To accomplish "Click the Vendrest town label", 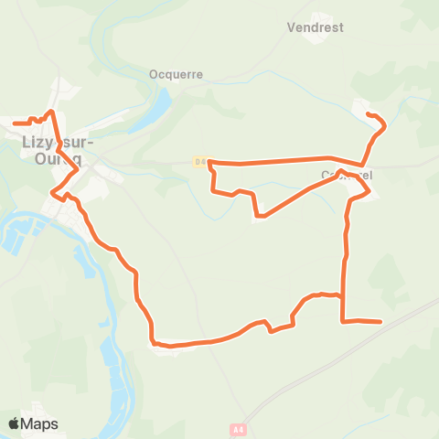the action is click(315, 27).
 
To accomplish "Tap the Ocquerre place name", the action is click(175, 75).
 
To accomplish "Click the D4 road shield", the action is click(200, 161).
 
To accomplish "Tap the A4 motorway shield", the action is click(239, 428).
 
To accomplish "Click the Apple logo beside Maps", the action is click(14, 423).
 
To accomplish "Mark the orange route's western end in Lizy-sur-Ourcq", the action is click(15, 122).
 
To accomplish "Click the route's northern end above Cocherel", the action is click(368, 114).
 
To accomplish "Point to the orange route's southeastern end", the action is click(380, 322).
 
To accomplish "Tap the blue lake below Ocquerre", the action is click(156, 111).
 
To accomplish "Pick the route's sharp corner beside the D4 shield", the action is click(210, 162).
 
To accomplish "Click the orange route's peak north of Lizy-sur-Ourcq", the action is click(51, 112).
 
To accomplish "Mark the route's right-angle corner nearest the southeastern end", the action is click(342, 321).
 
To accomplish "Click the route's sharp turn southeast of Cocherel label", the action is click(369, 192).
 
